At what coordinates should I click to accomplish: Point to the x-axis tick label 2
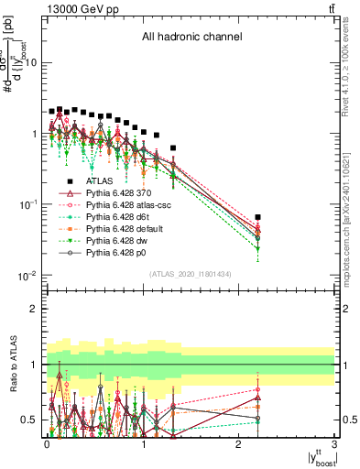tap(239, 444)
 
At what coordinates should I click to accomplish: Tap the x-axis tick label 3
tap(334, 444)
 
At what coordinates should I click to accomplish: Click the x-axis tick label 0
tap(48, 444)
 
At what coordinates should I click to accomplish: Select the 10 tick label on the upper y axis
tap(31, 62)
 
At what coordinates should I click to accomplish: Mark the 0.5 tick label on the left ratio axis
tap(29, 420)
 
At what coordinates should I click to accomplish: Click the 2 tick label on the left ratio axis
tap(35, 309)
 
